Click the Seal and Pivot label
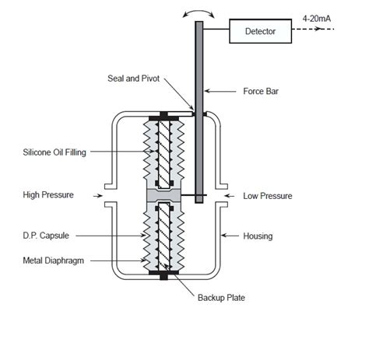coord(139,79)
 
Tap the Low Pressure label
coord(268,196)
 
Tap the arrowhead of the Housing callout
coord(222,234)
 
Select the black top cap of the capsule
coord(165,117)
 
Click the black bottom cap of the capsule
coord(165,274)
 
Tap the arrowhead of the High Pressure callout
coord(107,195)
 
